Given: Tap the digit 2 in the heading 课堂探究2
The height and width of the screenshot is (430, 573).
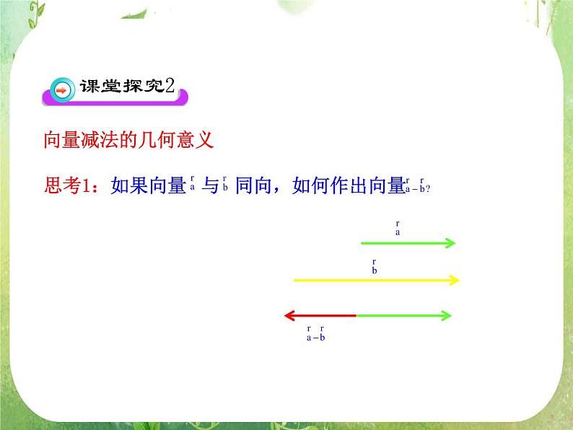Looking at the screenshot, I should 170,86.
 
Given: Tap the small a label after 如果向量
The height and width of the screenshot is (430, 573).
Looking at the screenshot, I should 193,185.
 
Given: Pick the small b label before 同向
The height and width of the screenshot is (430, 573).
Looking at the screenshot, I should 226,185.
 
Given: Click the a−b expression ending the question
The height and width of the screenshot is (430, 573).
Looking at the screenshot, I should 417,186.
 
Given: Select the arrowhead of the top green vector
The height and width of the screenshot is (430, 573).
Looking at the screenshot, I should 451,243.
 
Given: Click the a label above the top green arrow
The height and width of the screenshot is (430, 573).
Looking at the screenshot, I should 398,230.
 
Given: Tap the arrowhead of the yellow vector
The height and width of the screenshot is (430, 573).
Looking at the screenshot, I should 454,279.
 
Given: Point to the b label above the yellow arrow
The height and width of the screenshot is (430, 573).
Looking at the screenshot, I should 375,268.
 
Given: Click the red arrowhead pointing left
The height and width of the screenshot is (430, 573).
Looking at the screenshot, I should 289,315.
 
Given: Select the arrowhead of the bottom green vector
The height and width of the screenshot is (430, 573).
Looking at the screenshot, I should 447,315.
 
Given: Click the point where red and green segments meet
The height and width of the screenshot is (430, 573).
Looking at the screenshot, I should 357,315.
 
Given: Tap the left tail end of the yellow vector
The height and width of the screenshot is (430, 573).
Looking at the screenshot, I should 294,279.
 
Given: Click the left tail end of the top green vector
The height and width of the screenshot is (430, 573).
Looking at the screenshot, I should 361,243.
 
